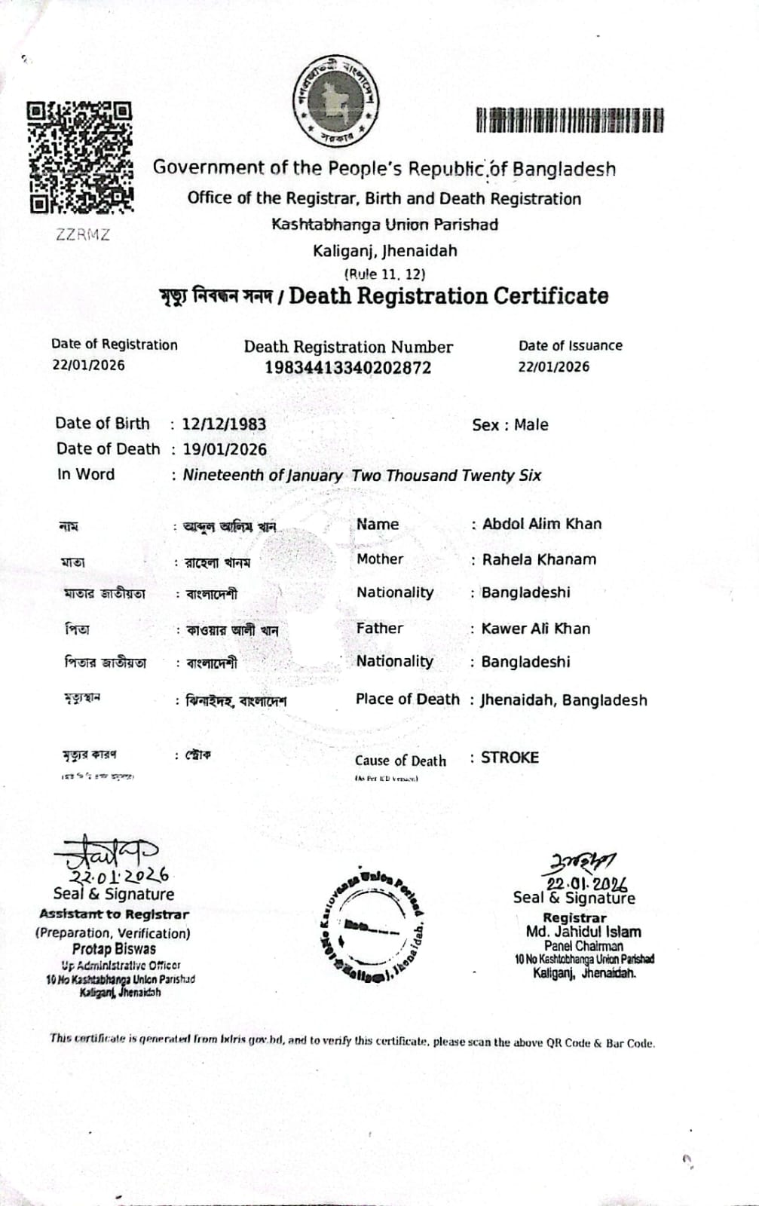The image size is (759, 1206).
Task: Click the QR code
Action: click(x=80, y=157)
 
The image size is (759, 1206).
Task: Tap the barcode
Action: click(x=570, y=121)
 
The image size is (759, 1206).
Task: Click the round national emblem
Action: click(x=335, y=101)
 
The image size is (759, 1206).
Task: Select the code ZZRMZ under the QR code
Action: click(x=83, y=234)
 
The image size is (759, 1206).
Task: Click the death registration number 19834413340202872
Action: click(x=347, y=368)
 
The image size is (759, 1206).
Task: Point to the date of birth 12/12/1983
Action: click(x=224, y=424)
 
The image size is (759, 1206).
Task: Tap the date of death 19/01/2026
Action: click(x=225, y=449)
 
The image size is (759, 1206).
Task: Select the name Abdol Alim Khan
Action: click(x=541, y=524)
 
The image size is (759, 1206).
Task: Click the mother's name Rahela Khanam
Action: click(x=539, y=559)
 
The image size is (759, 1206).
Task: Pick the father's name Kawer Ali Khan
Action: click(x=535, y=629)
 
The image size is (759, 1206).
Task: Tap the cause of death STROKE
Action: click(x=510, y=758)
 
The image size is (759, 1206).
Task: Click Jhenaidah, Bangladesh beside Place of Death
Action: click(x=563, y=700)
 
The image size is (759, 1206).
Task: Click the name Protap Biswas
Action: click(x=114, y=949)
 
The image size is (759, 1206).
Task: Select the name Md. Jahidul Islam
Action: click(x=583, y=932)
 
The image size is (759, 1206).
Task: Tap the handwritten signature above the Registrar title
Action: click(x=582, y=862)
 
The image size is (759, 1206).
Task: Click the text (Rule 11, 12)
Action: click(x=384, y=274)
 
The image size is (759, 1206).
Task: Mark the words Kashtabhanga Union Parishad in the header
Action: click(x=384, y=225)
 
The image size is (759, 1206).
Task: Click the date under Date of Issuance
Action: click(x=553, y=367)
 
